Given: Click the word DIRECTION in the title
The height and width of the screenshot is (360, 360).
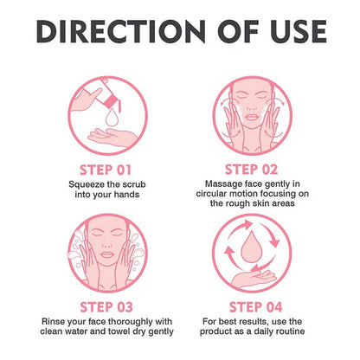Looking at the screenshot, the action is (121, 31).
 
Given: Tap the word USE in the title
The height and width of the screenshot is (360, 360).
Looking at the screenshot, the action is (299, 31).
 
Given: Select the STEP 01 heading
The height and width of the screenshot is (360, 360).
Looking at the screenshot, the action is (106, 170).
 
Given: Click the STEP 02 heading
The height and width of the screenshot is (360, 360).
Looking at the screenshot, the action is (251, 170).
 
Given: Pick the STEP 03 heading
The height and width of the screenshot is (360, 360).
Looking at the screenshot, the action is (106, 307).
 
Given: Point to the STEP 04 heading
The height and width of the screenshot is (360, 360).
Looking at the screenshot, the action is (255, 307).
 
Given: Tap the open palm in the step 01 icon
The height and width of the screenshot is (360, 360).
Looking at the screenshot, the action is (112, 137).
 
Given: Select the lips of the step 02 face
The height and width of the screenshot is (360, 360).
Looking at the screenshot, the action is (252, 117).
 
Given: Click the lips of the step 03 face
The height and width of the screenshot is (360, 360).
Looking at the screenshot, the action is (107, 254).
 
